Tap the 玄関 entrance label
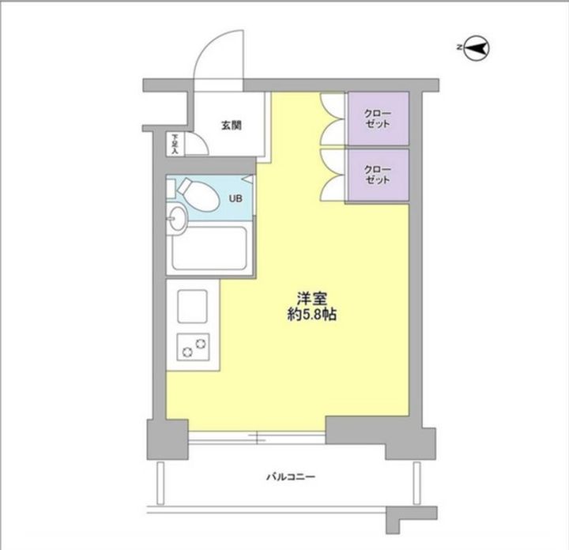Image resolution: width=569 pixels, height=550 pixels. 232,126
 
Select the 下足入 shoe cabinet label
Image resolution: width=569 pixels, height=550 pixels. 175,144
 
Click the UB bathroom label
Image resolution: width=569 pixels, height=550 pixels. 236,198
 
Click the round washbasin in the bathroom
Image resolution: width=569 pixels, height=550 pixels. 177,219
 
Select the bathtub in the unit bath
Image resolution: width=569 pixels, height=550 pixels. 209,248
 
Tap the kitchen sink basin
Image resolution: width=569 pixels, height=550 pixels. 192,306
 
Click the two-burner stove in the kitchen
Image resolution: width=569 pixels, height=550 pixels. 193,347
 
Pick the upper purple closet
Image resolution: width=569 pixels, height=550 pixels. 379,119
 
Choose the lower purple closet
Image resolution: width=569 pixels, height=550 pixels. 379,175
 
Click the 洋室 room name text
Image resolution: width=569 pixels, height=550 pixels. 312,299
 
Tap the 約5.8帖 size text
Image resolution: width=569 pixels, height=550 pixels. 312,315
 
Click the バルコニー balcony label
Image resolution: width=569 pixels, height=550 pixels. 291,477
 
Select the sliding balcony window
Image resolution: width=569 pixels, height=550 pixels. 257,438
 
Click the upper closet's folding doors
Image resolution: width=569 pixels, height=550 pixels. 332,119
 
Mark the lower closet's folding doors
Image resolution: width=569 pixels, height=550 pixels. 332,175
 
